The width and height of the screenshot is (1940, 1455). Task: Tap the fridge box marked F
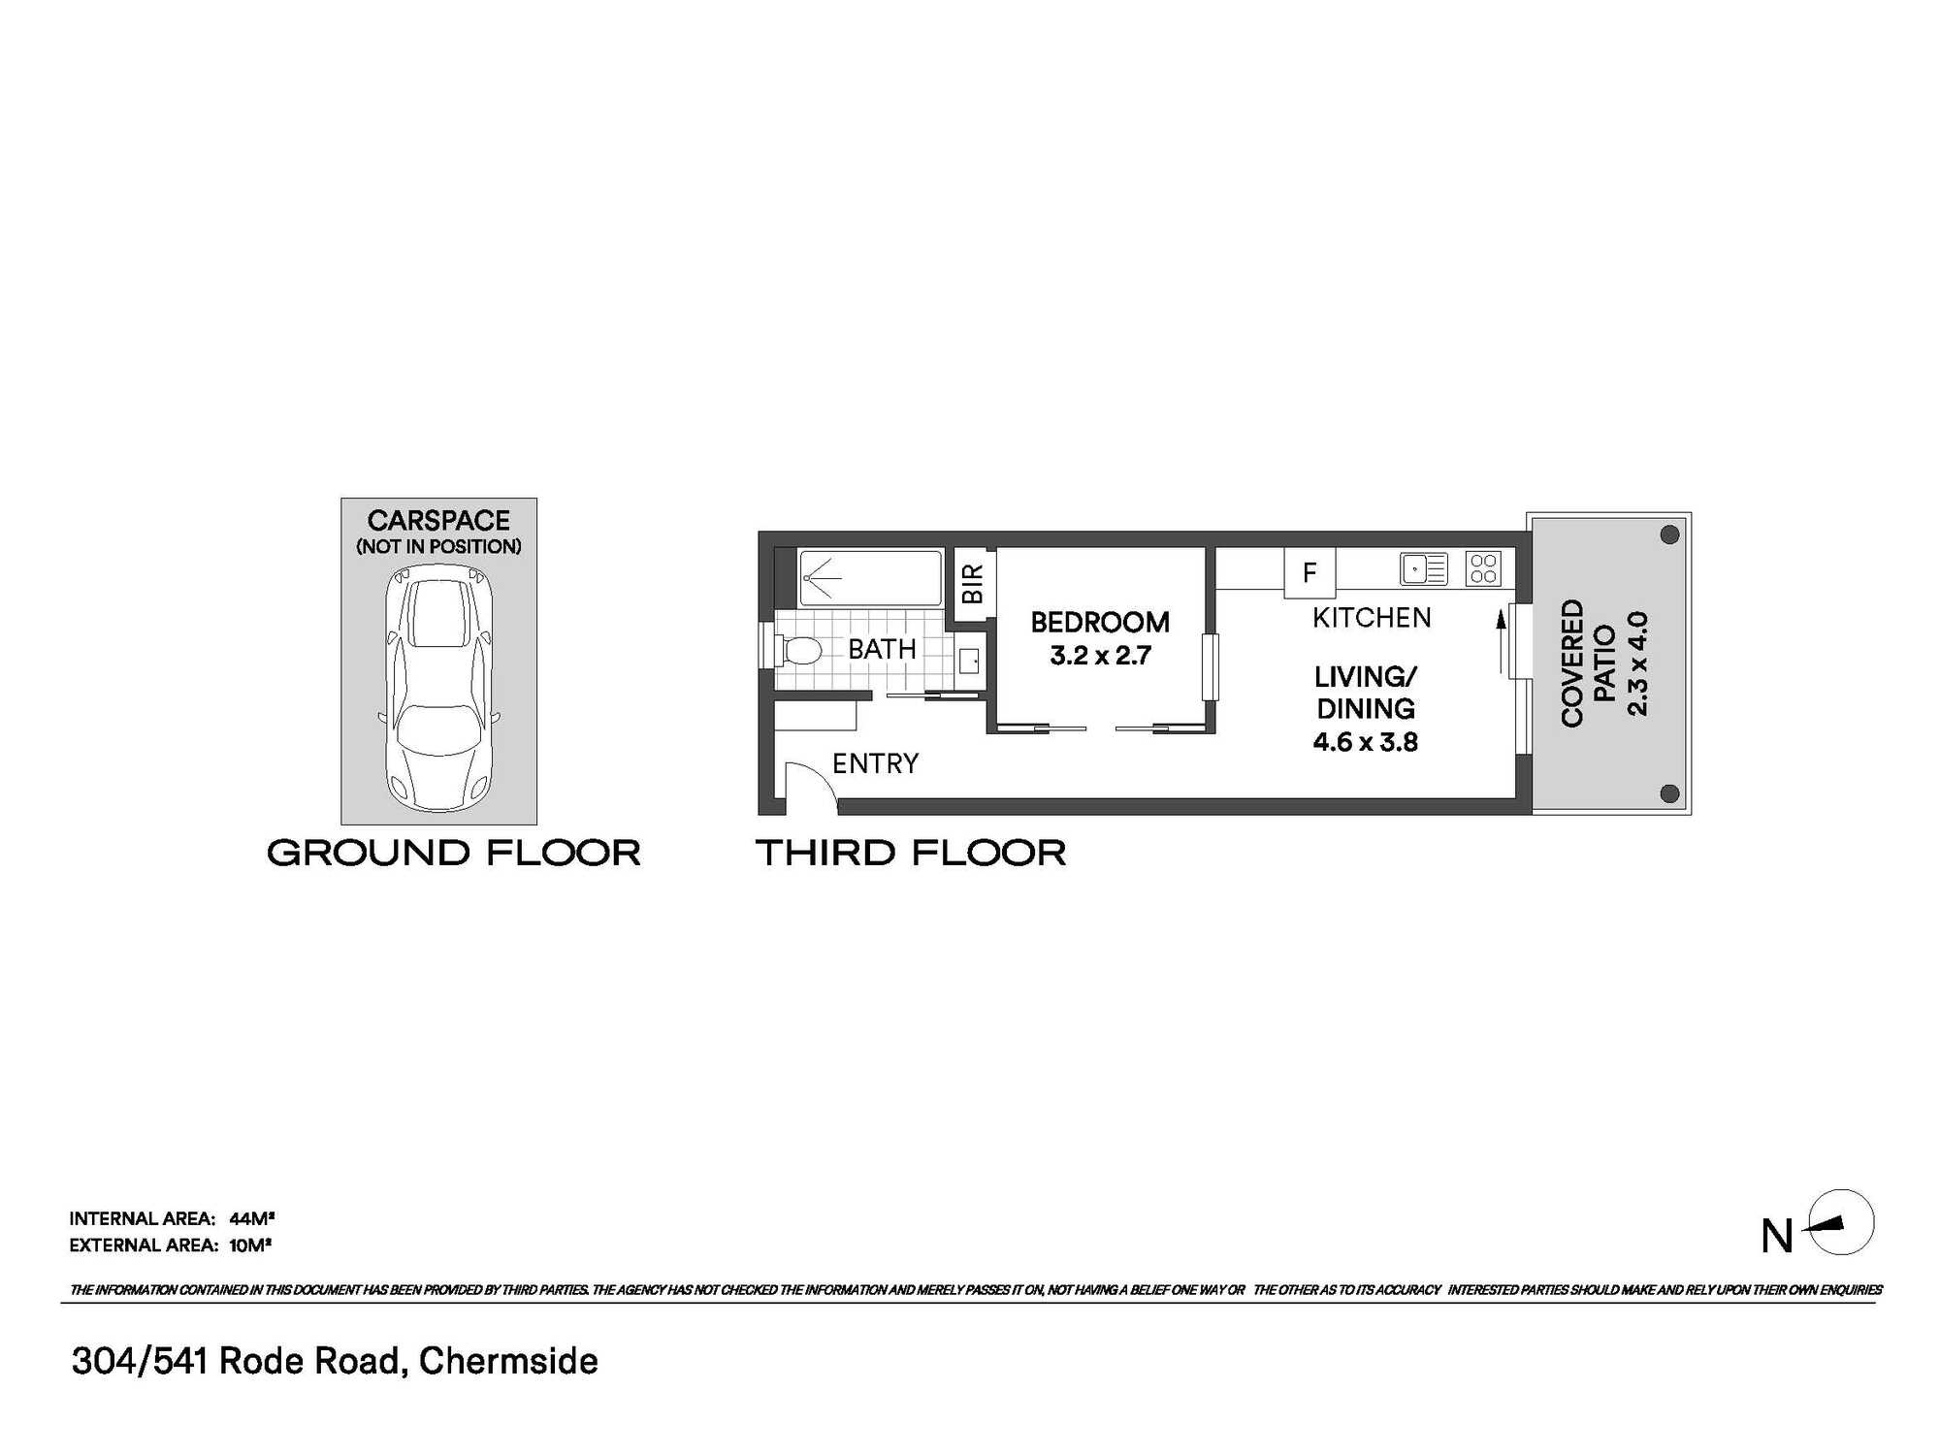pyautogui.click(x=1309, y=572)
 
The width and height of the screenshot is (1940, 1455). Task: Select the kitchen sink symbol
pyautogui.click(x=1424, y=568)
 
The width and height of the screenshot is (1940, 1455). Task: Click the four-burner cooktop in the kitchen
pyautogui.click(x=1483, y=568)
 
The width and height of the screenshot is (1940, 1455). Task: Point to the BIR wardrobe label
pyautogui.click(x=972, y=584)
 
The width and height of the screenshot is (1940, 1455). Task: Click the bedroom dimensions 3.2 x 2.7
pyautogui.click(x=1100, y=656)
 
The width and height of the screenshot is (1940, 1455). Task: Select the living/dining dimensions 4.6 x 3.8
pyautogui.click(x=1365, y=742)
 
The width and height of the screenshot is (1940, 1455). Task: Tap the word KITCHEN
pyautogui.click(x=1372, y=618)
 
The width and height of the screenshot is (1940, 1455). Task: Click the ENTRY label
pyautogui.click(x=875, y=763)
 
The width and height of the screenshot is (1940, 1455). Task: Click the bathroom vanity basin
pyautogui.click(x=969, y=661)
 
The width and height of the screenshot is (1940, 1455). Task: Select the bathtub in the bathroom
pyautogui.click(x=870, y=578)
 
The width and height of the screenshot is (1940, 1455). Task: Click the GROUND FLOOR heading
pyautogui.click(x=454, y=854)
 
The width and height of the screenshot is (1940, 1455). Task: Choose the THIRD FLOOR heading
pyautogui.click(x=911, y=854)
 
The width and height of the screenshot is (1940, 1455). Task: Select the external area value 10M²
pyautogui.click(x=250, y=1245)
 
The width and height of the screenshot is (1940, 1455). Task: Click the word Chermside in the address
pyautogui.click(x=508, y=1361)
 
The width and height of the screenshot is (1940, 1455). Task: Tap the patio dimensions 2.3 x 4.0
pyautogui.click(x=1636, y=663)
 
